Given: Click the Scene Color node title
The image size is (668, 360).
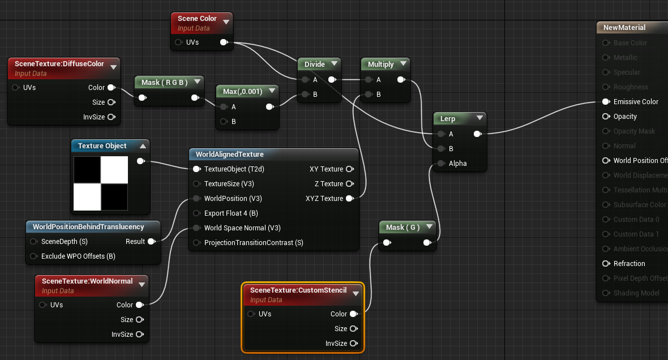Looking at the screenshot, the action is point(197,19).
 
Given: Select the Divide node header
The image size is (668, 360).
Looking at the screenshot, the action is point(314,64).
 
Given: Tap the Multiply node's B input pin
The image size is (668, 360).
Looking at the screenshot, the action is point(369,95).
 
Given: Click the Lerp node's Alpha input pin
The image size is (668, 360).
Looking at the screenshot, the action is point(440,164).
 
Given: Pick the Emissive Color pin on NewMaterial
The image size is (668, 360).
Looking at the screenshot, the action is point(606,102).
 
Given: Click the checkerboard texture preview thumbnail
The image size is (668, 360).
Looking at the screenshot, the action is point(101,183).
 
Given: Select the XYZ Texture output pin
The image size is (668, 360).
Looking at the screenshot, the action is point(349,199).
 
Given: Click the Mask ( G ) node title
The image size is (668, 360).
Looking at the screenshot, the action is point(402,228).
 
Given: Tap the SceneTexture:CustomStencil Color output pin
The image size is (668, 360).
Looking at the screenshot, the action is point(353,314).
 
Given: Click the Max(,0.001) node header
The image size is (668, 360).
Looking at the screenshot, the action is point(242,91).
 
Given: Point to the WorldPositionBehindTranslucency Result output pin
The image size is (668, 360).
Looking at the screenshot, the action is point(151,242).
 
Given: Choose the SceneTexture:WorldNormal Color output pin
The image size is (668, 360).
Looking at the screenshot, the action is point(139,305).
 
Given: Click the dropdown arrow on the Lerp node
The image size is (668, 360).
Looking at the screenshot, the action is point(479,118).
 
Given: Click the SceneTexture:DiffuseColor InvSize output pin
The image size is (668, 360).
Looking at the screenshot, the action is point(111,117).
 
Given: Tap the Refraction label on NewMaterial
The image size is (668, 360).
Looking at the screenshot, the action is point(629,264).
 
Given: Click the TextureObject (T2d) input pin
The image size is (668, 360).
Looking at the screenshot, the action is point(196,169).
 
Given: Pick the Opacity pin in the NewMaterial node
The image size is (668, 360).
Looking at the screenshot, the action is point(606,117).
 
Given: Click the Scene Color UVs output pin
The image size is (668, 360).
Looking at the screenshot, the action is point(224,42).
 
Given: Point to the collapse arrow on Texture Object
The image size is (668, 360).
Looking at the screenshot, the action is point(143,146).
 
